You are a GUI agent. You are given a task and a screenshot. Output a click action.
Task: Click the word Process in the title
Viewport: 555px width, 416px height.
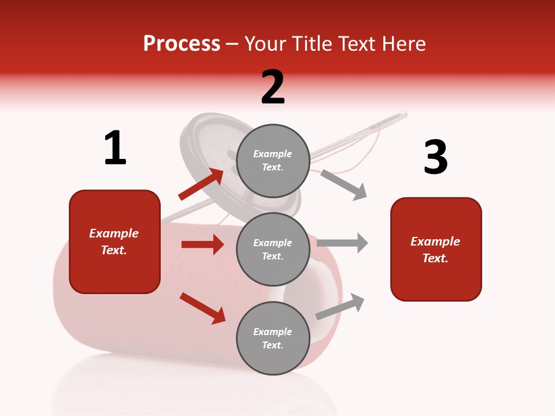[182, 44]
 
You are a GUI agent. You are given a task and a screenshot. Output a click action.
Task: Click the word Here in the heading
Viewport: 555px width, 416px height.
[403, 44]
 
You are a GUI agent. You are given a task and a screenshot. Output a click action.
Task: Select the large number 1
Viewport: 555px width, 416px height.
[115, 148]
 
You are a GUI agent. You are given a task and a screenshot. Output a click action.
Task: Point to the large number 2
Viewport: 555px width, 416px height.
[273, 87]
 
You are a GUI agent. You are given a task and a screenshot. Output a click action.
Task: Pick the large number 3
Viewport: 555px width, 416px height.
[435, 157]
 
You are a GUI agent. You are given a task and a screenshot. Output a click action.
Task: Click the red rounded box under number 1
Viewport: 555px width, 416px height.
[114, 242]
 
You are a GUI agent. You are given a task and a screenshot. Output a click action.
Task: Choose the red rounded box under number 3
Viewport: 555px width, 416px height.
[436, 250]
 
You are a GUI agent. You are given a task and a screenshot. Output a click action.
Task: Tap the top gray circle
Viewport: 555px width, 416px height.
[273, 161]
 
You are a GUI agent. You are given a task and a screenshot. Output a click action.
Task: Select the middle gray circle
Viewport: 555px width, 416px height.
[273, 250]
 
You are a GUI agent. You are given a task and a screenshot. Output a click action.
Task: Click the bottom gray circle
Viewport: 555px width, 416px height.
[273, 339]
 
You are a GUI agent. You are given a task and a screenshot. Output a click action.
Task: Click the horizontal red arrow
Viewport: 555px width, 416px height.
[202, 244]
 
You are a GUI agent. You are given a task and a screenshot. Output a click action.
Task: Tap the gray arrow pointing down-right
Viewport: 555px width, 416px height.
[344, 184]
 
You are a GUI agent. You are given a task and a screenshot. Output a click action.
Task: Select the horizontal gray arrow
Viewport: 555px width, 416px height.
[342, 243]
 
